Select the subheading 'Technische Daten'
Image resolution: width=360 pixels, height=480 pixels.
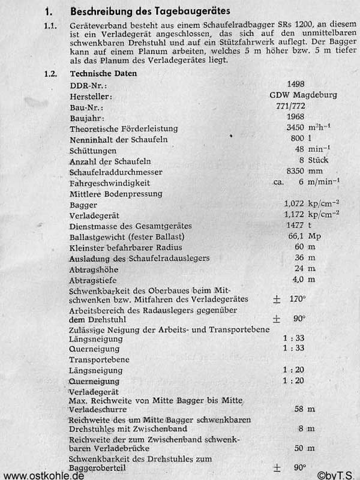[103, 74]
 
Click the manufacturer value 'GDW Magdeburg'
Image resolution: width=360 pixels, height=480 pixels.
[303, 95]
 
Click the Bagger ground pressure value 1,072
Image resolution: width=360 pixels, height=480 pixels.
[298, 205]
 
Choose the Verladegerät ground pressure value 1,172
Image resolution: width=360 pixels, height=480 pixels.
[298, 214]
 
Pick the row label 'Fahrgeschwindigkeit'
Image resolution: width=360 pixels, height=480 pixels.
[110, 182]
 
